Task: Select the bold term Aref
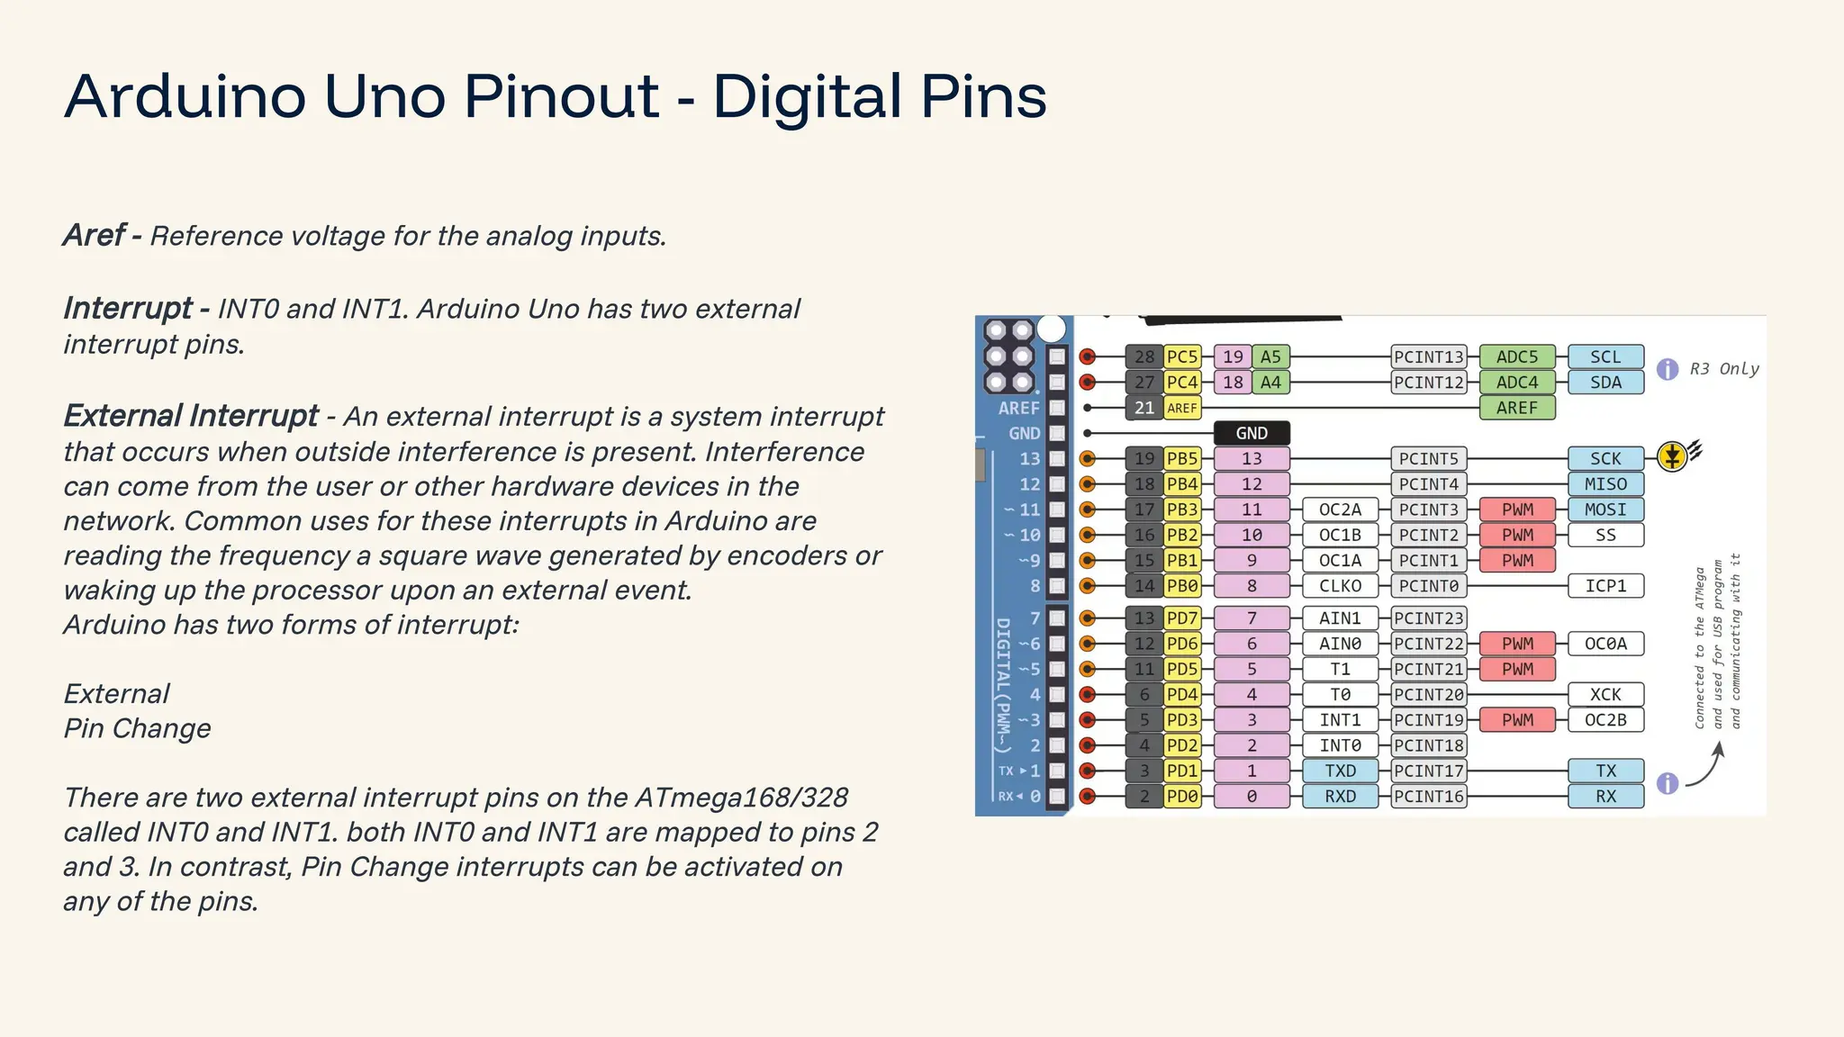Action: [x=94, y=236]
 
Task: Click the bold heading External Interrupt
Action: [x=191, y=416]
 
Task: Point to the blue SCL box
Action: [x=1605, y=357]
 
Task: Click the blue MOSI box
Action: [x=1605, y=509]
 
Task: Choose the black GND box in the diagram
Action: [x=1252, y=433]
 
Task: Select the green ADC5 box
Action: [x=1517, y=357]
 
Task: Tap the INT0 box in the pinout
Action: [x=1340, y=745]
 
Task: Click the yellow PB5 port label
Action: [x=1182, y=458]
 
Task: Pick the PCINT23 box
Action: [x=1429, y=618]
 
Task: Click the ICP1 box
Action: [x=1605, y=586]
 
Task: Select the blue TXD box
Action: [x=1340, y=771]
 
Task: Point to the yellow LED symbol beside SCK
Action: [x=1672, y=456]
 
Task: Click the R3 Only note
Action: [x=1723, y=369]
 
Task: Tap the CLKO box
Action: [x=1340, y=586]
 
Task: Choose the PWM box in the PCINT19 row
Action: [x=1517, y=720]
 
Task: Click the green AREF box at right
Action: [x=1517, y=408]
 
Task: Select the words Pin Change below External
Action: [x=137, y=728]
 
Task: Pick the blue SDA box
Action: [x=1605, y=383]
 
